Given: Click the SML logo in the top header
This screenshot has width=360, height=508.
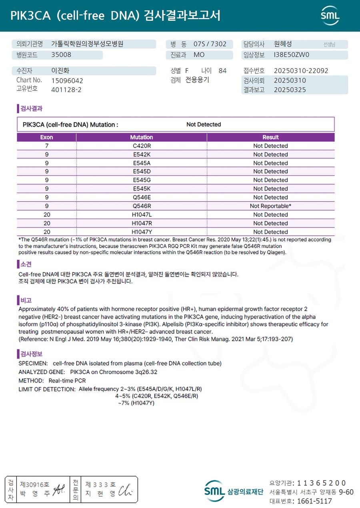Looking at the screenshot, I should [x=330, y=16].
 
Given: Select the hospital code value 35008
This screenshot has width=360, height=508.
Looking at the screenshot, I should [x=61, y=55].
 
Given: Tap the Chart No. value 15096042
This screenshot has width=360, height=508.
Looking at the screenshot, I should [x=67, y=80].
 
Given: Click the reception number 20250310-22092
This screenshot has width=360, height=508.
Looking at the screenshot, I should [x=301, y=71].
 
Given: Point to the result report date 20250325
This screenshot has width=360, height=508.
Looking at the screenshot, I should [x=290, y=90].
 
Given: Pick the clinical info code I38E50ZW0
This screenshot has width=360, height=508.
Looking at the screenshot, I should [x=292, y=55].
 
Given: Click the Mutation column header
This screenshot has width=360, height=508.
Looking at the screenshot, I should [x=141, y=137].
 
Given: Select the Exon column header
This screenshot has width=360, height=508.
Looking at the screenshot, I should [x=46, y=137].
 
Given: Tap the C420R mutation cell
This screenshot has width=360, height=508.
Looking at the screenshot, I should [x=142, y=146].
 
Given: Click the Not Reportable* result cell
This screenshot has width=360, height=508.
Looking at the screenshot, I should [x=270, y=206].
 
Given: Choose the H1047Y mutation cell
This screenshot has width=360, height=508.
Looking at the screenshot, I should [x=142, y=232].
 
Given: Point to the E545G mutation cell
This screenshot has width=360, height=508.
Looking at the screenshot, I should [x=142, y=180].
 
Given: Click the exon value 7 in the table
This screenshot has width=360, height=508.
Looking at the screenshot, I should [x=46, y=146].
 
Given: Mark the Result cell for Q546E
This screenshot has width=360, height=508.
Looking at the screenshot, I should [x=270, y=197].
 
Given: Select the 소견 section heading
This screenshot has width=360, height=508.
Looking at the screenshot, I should [x=26, y=264].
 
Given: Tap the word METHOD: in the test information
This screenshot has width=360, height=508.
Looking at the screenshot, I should [x=31, y=381].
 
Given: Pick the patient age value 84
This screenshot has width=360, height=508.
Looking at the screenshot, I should [x=222, y=71].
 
